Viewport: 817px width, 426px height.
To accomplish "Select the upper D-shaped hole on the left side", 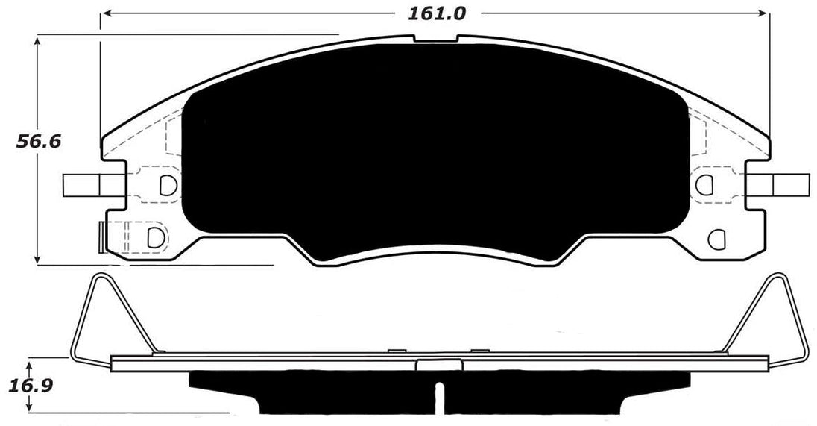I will [x=168, y=183].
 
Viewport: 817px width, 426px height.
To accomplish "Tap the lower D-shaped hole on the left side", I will [x=156, y=237].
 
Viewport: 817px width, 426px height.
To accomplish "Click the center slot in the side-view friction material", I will [x=440, y=395].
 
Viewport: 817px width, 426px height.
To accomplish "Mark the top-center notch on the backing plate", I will [x=435, y=39].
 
